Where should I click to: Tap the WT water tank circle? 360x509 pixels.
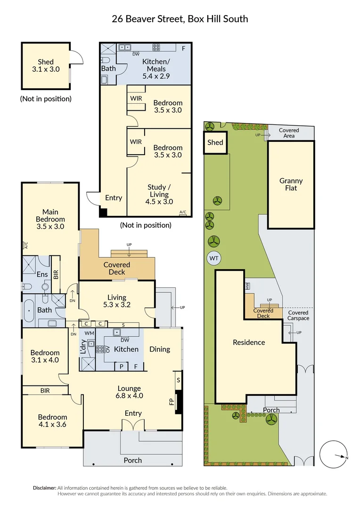pyautogui.click(x=213, y=258)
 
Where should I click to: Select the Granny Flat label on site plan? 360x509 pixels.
pyautogui.click(x=291, y=184)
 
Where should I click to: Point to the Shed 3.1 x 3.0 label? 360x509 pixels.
pyautogui.click(x=46, y=66)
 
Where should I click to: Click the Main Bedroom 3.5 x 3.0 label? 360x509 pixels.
pyautogui.click(x=53, y=219)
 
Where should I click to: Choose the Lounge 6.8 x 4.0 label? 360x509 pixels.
pyautogui.click(x=129, y=392)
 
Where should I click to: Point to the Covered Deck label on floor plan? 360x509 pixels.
pyautogui.click(x=116, y=268)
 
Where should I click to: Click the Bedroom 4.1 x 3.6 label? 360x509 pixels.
pyautogui.click(x=52, y=421)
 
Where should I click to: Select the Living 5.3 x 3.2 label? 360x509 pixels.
pyautogui.click(x=116, y=301)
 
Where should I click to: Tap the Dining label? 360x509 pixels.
pyautogui.click(x=160, y=349)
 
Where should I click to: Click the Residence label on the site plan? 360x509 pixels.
pyautogui.click(x=249, y=343)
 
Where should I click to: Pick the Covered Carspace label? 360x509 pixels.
pyautogui.click(x=298, y=315)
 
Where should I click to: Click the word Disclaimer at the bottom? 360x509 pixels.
pyautogui.click(x=44, y=488)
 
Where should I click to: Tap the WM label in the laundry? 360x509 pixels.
pyautogui.click(x=89, y=333)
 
